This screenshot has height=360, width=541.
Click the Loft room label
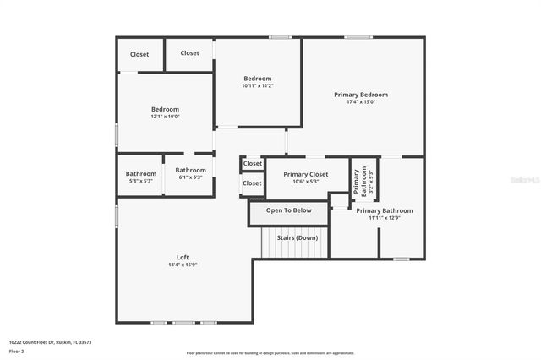182,258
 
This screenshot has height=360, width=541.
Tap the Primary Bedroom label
361,95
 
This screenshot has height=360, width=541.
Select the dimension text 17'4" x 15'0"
361,102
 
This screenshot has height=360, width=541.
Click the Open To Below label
288,210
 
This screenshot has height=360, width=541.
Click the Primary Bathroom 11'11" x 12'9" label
384,210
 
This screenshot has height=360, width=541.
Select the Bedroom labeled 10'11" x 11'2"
257,79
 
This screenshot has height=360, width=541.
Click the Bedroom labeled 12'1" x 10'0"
165,109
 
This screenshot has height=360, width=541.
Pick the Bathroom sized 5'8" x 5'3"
141,174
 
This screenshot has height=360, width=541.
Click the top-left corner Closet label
139,54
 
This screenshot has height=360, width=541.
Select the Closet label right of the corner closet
190,52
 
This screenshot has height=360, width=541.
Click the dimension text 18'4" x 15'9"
182,265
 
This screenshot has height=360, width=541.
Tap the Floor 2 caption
17,350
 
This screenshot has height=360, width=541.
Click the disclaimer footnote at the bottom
270,352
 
